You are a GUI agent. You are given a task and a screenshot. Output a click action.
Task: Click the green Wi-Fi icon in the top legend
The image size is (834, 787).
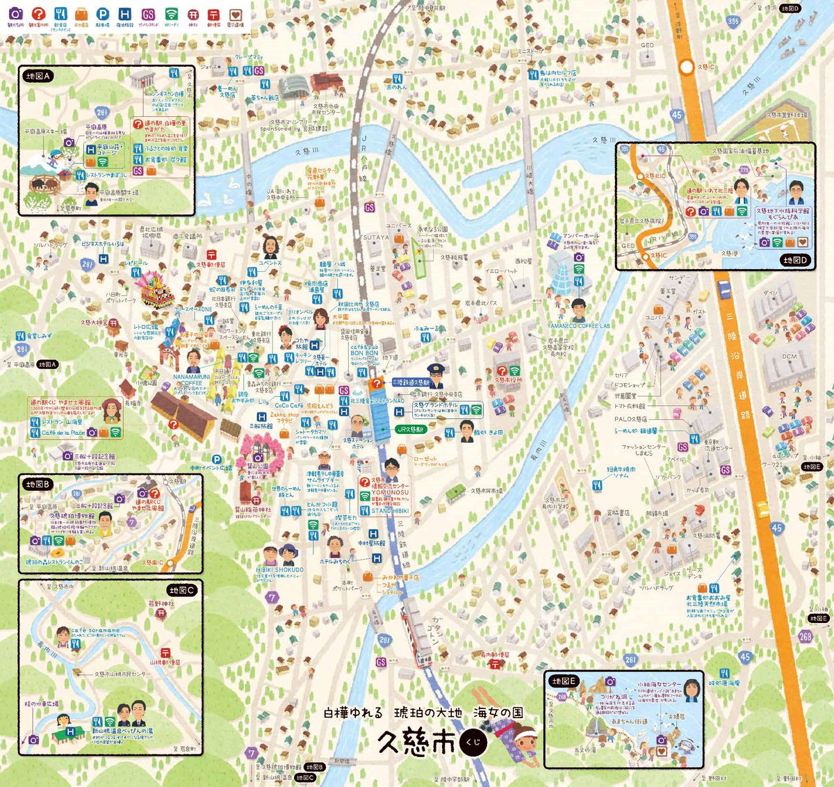coord(171,14)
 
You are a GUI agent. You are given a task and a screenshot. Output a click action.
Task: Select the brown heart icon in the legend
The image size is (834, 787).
coord(236,15)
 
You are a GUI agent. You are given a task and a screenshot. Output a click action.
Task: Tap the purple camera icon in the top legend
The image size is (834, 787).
coord(16,14)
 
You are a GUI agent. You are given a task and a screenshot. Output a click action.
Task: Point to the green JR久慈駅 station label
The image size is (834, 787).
coord(409,430)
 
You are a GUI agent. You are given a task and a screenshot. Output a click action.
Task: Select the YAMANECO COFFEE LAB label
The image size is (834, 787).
coord(578,326)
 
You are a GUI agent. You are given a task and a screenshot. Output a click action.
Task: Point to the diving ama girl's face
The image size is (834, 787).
coord(526,736)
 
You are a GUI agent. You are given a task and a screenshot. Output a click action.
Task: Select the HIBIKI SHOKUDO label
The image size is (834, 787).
coord(279,569)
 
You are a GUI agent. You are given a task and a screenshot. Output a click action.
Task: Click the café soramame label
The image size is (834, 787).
coord(95,631)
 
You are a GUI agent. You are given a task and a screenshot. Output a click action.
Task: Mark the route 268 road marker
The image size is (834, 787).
coord(805,636)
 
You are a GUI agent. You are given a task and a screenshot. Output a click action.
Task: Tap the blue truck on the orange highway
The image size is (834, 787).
coord(723,289)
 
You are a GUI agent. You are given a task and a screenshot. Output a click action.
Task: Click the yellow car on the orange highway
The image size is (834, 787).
coord(762,510)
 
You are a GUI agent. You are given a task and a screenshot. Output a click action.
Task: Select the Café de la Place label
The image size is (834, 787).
coord(63,432)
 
